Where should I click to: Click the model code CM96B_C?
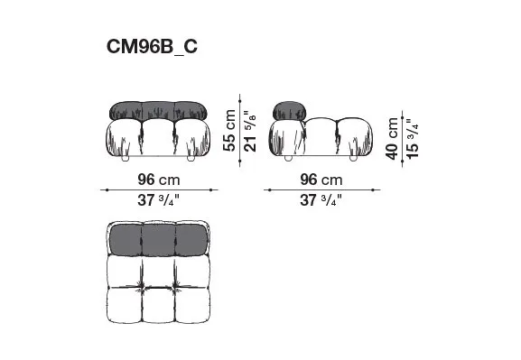pos(152,47)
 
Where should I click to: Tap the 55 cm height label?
pos(229,131)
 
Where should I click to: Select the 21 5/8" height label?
pos(250,131)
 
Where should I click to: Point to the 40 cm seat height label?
pos(392,138)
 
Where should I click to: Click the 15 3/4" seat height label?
pos(413,139)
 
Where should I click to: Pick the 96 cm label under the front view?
pos(159,180)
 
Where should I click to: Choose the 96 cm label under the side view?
pos(321,180)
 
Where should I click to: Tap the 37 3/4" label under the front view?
pos(159,200)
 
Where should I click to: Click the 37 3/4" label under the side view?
pos(321,200)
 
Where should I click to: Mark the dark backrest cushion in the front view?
pos(158,111)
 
